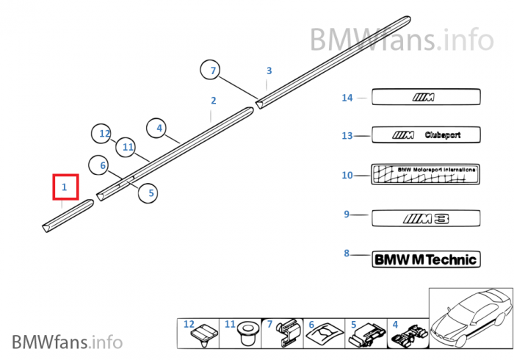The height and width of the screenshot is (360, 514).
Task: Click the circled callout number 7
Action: (x=213, y=71)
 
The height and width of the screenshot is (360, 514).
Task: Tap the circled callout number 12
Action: (x=104, y=134)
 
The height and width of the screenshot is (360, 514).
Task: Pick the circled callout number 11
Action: (x=128, y=147)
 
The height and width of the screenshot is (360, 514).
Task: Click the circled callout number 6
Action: (x=103, y=166)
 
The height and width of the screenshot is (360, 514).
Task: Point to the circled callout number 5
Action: (x=151, y=193)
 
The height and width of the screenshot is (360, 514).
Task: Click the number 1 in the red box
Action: (x=65, y=188)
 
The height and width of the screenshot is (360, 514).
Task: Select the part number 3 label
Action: (x=269, y=71)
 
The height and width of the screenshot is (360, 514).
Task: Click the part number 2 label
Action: (x=213, y=101)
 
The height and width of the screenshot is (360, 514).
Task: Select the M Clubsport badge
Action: (x=426, y=135)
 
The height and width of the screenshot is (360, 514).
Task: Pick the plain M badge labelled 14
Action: (x=426, y=97)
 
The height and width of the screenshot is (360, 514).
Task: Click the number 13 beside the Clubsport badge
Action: (x=347, y=135)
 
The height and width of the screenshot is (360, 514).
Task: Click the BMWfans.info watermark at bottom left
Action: (x=67, y=342)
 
